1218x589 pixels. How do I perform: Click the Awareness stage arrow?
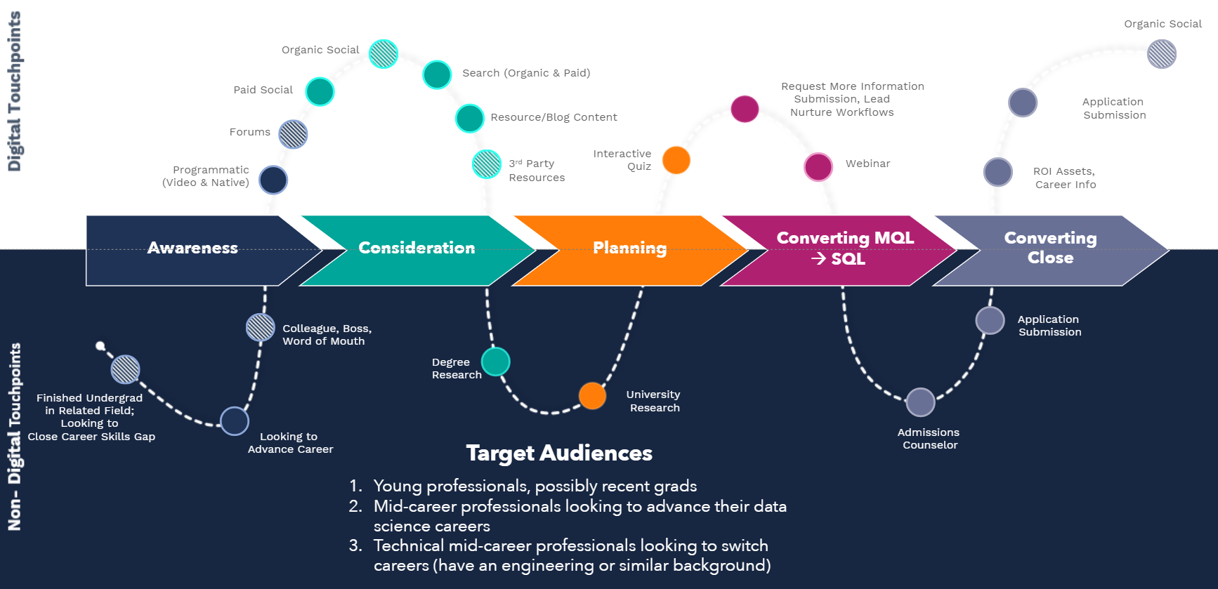pos(193,250)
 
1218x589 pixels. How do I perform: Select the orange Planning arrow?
pos(629,250)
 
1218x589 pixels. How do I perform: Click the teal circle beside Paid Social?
pos(320,91)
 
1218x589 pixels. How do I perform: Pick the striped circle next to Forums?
pos(293,134)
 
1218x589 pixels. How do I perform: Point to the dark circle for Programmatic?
pos(273,180)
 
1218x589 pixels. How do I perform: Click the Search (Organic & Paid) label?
pos(526,73)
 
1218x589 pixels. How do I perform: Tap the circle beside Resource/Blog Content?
pos(470,118)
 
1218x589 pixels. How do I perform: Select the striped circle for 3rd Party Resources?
pos(486,164)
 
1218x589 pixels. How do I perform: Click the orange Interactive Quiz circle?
pos(676,160)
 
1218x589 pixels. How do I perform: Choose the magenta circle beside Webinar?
pos(818,167)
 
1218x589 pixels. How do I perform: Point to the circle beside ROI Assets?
pos(997,172)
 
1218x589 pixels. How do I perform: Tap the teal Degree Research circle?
pos(496,362)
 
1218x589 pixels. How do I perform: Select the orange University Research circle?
pos(592,396)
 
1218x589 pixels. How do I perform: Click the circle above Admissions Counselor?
pos(920,402)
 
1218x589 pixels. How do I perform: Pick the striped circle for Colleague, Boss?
pos(261,327)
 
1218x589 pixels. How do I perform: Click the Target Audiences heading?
pos(559,453)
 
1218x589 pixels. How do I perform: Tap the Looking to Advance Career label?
pos(290,443)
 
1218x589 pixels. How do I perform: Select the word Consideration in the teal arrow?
pos(417,248)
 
